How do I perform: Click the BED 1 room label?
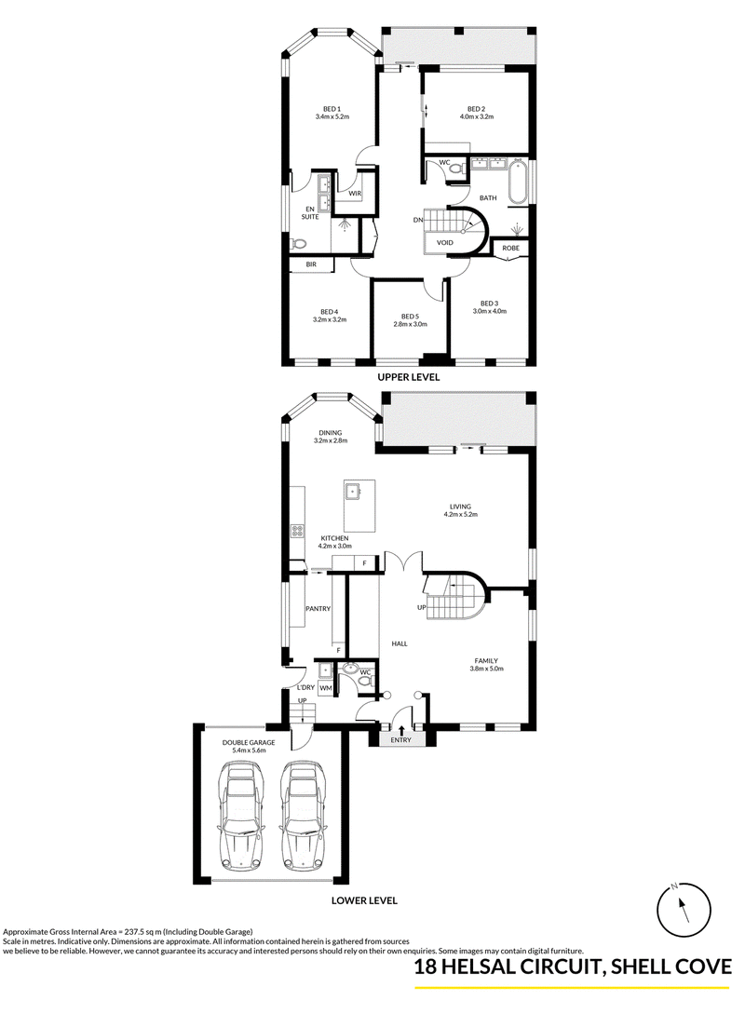coord(332,109)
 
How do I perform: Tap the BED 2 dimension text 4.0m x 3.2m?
coord(477,117)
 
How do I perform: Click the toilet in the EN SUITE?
coord(298,244)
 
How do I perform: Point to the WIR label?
coord(355,194)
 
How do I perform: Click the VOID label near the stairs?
coord(445,242)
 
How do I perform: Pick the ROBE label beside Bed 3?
coord(511,249)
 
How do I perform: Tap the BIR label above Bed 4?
coord(311,264)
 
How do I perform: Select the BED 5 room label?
coord(411,317)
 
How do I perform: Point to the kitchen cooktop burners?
coord(298,532)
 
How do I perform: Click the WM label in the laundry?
coord(325,688)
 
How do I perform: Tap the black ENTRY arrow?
coord(401,729)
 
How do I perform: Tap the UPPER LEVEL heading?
coord(410,377)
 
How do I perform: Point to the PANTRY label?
coord(318,609)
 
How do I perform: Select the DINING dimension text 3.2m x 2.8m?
coord(331,441)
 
